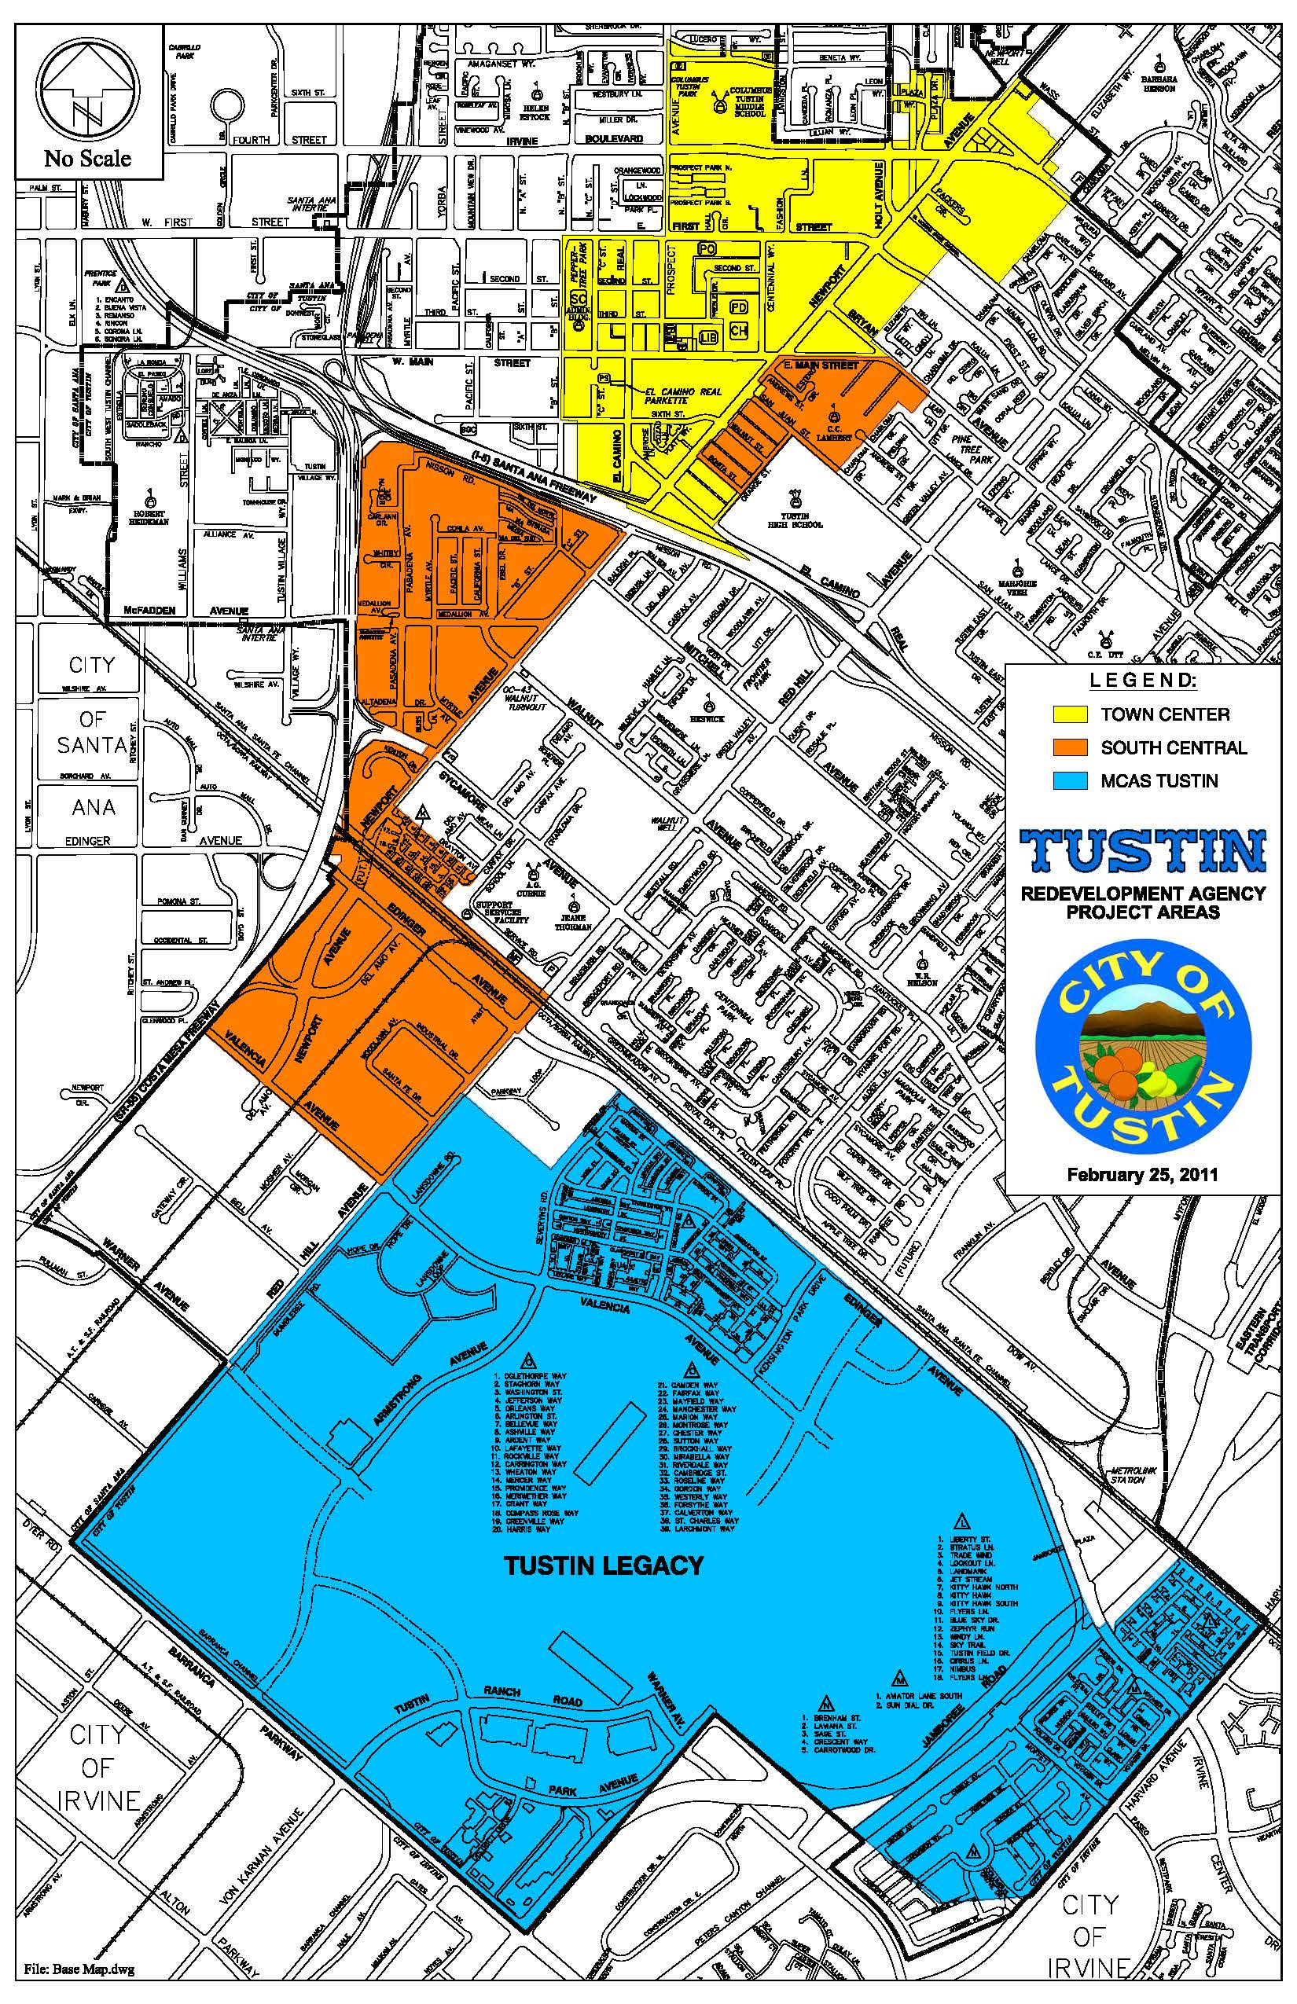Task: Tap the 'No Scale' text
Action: (x=87, y=157)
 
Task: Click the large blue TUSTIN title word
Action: (x=1142, y=851)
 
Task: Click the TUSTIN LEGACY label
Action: (x=603, y=1565)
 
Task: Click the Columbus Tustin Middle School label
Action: (x=748, y=101)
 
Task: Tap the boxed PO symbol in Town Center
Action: (x=707, y=248)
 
